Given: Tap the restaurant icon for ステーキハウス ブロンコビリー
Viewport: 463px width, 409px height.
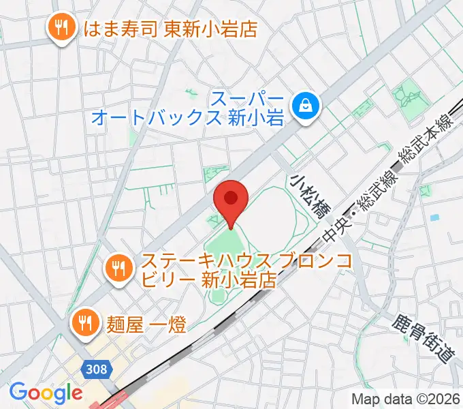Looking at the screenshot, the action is click(119, 269).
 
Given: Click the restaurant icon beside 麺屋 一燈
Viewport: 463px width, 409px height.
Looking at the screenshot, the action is click(85, 320).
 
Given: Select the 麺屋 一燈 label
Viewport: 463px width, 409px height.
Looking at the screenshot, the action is click(146, 321).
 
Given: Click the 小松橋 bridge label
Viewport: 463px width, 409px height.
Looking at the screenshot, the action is click(308, 196).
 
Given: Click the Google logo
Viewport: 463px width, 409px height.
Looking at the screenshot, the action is click(45, 393).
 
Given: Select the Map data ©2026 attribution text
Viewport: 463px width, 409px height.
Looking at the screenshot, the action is click(404, 399).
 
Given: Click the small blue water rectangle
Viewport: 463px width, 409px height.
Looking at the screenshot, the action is click(434, 218).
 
